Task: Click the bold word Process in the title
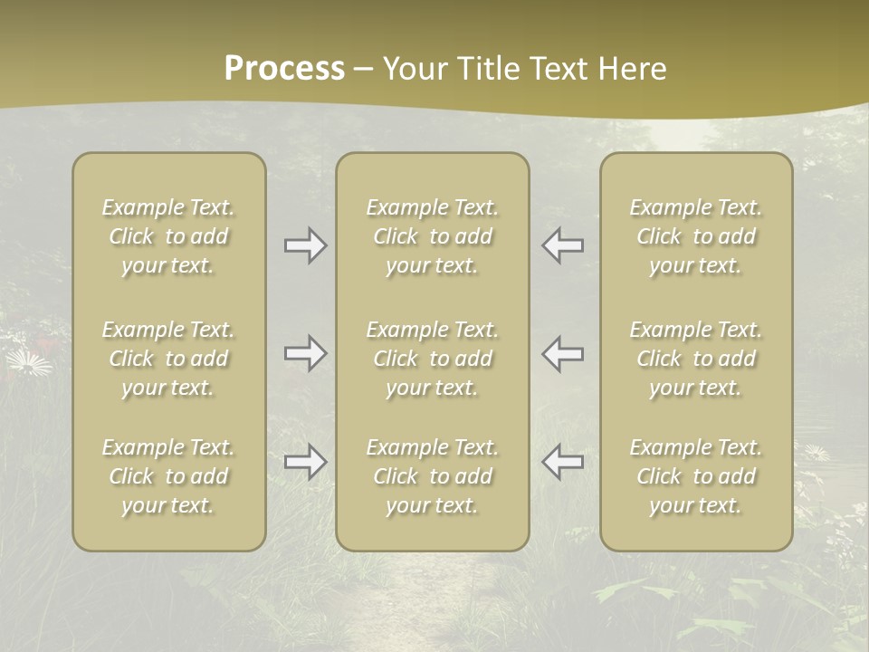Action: (x=284, y=69)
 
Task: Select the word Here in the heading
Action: (x=634, y=69)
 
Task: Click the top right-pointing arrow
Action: (x=306, y=245)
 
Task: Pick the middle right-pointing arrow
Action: (x=306, y=353)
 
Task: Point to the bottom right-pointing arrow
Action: (x=306, y=462)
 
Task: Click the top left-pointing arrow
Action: (x=562, y=245)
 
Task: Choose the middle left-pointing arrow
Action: (x=562, y=353)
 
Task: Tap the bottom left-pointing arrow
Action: (x=562, y=462)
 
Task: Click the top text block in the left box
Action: (x=168, y=236)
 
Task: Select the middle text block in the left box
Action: (x=168, y=359)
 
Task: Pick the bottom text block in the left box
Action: (x=168, y=476)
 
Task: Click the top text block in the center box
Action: (x=432, y=236)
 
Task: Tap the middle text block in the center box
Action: (x=432, y=359)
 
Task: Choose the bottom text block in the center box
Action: (x=432, y=476)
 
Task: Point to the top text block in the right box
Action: (x=695, y=236)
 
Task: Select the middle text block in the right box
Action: (x=695, y=359)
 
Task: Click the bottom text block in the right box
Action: (x=695, y=476)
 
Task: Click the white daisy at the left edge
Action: (x=29, y=363)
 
